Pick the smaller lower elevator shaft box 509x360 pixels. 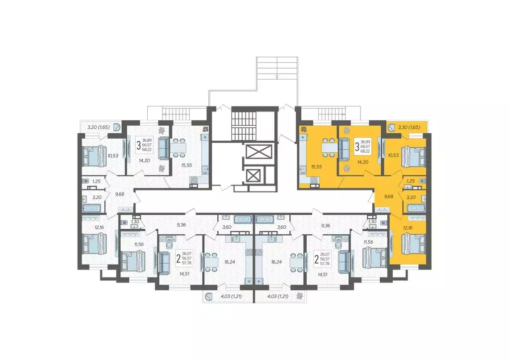coord(254,176)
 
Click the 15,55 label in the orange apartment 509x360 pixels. coord(316,167)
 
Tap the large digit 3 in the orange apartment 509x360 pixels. coord(357,147)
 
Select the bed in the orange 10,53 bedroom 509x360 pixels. coord(413,156)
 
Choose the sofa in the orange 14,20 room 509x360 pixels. coord(344,147)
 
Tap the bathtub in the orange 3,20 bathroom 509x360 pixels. coord(416,207)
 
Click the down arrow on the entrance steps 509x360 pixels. coord(277,76)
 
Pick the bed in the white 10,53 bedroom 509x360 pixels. coord(93,156)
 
